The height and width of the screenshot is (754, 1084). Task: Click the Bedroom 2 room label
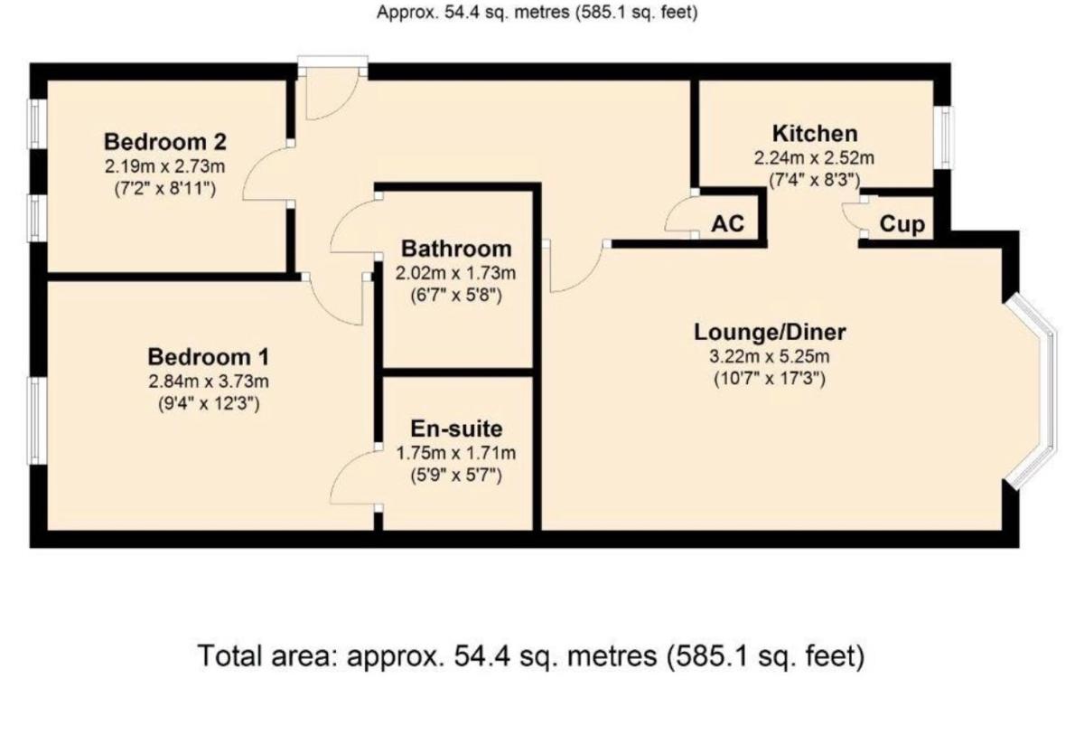pyautogui.click(x=165, y=142)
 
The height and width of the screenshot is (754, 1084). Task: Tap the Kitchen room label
pyautogui.click(x=815, y=134)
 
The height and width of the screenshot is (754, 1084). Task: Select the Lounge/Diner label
pyautogui.click(x=770, y=332)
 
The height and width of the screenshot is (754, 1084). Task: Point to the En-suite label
pyautogui.click(x=456, y=429)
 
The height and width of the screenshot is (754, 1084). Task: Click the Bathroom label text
pyautogui.click(x=456, y=249)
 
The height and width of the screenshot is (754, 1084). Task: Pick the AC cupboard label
pyautogui.click(x=727, y=223)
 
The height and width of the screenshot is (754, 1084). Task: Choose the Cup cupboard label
pyautogui.click(x=902, y=224)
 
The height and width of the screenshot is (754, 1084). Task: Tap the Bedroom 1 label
pyautogui.click(x=208, y=357)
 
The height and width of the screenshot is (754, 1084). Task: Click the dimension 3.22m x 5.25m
pyautogui.click(x=770, y=356)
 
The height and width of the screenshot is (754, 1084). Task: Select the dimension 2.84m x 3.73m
pyautogui.click(x=209, y=382)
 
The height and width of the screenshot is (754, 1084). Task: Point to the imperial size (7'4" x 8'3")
pyautogui.click(x=815, y=180)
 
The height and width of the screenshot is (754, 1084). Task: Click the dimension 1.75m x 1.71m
pyautogui.click(x=456, y=453)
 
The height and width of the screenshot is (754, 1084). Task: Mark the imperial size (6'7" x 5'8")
pyautogui.click(x=456, y=295)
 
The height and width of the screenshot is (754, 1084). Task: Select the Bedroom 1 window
pyautogui.click(x=37, y=420)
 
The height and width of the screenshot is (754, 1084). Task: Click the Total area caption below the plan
pyautogui.click(x=531, y=657)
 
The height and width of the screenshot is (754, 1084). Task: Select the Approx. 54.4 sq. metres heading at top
pyautogui.click(x=537, y=12)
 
